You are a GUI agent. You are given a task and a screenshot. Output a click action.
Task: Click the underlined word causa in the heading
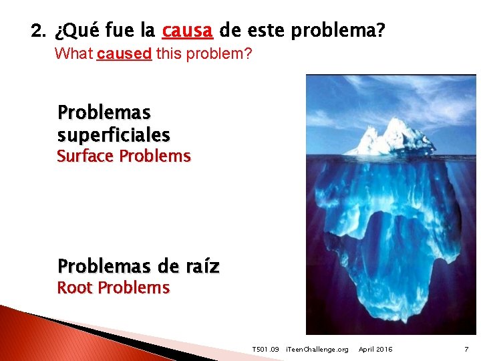[x=188, y=31]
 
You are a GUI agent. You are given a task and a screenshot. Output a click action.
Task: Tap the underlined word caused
[x=124, y=53]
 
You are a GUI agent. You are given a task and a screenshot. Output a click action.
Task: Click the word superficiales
[x=114, y=135]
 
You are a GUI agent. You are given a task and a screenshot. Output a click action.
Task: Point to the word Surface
[x=86, y=156]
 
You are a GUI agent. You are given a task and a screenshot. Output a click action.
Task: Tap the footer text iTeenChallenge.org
[x=317, y=350]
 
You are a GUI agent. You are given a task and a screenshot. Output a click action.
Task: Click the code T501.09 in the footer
[x=265, y=350]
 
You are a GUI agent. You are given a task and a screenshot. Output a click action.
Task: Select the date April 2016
[x=375, y=350]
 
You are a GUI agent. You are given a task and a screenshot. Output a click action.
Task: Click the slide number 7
[x=466, y=350]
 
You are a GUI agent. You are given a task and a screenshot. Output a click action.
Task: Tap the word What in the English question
[x=73, y=53]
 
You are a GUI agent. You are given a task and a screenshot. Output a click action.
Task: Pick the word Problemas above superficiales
[x=104, y=112]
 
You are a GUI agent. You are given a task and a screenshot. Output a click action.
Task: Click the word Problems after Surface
[x=155, y=156]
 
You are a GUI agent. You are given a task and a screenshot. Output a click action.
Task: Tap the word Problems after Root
[x=134, y=288]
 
